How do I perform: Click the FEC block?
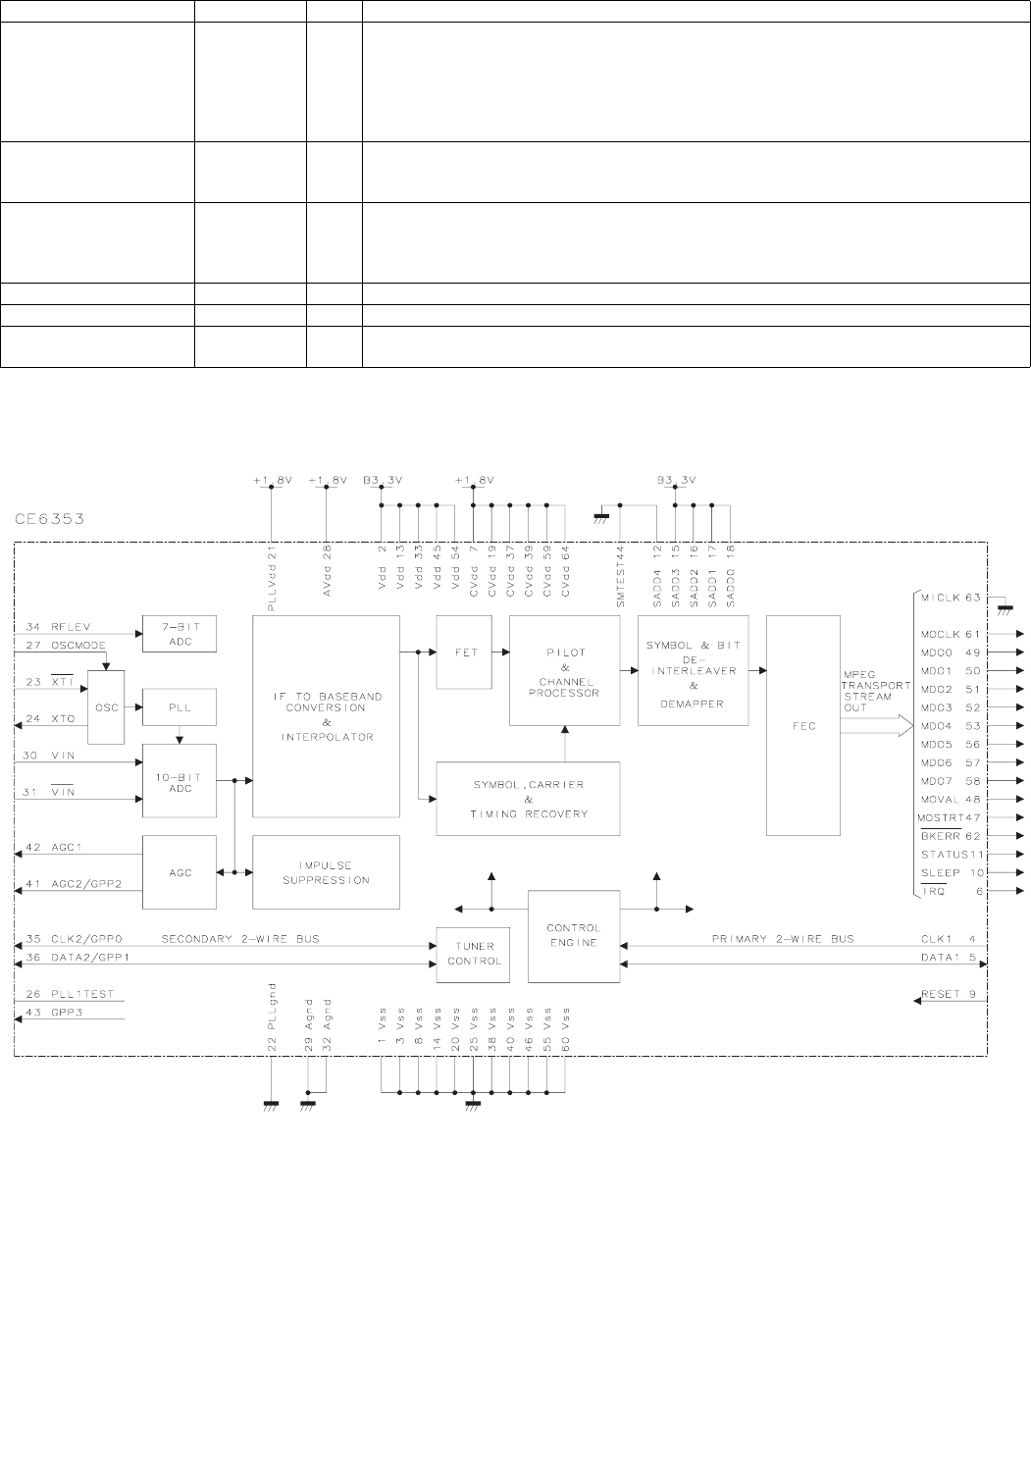tap(802, 725)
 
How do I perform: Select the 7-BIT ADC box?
tap(179, 634)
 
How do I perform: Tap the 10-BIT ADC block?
tap(179, 780)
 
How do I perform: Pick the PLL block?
tap(179, 707)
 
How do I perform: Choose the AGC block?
tap(179, 870)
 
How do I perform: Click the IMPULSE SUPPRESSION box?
tap(326, 871)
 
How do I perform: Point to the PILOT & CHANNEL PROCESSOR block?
tap(564, 670)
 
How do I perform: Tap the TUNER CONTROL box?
tap(474, 954)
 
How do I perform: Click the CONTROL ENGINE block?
tap(573, 936)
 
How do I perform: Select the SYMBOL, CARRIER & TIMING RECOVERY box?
tap(528, 800)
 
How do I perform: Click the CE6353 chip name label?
tap(51, 518)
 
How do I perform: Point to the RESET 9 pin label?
tap(948, 995)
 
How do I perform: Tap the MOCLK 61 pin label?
tap(951, 634)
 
